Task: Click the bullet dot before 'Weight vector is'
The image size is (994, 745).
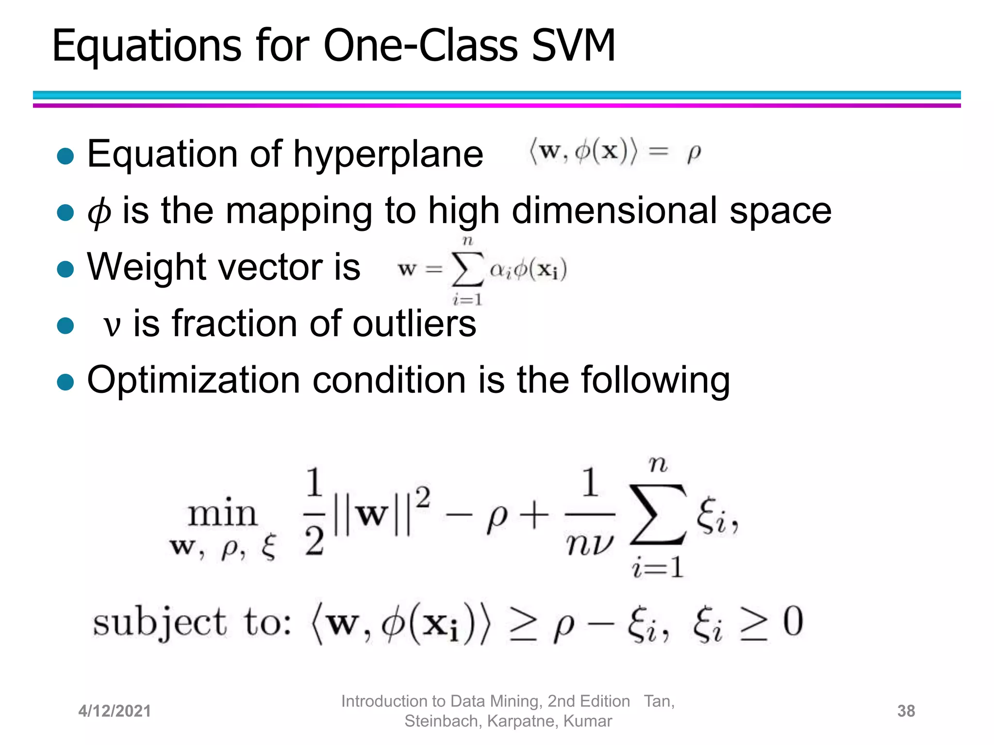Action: click(x=65, y=269)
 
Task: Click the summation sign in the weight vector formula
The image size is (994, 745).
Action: click(x=467, y=270)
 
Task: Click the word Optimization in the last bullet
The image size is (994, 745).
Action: click(x=194, y=380)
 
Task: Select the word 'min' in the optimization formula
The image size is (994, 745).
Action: click(x=222, y=514)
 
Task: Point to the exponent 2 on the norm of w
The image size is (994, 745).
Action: click(x=423, y=498)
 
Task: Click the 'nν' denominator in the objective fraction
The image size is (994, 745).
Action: click(x=589, y=544)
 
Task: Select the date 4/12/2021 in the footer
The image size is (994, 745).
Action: click(x=115, y=711)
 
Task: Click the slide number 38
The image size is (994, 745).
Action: click(x=906, y=711)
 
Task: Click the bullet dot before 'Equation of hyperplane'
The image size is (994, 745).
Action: click(x=65, y=156)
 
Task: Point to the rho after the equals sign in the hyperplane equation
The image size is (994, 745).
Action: click(x=694, y=154)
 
